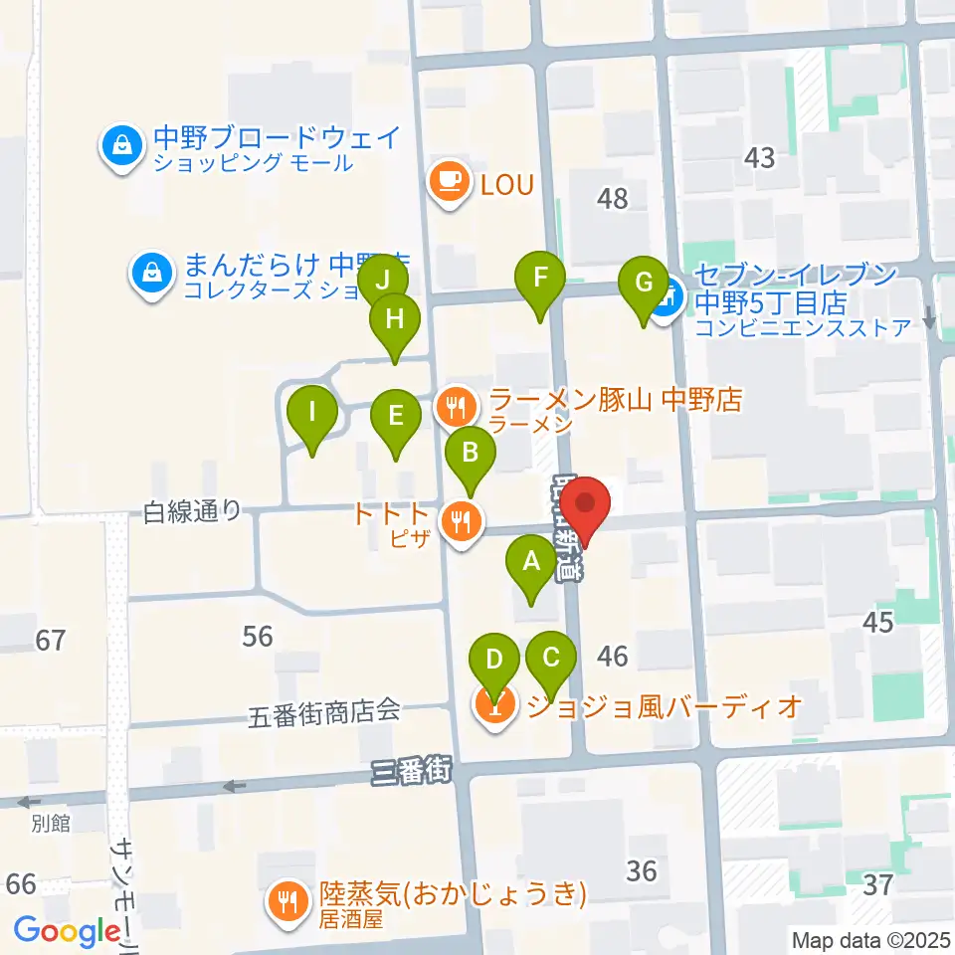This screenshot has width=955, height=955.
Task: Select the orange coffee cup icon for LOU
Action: coord(450,182)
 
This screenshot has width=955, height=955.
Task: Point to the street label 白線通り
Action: coord(192,511)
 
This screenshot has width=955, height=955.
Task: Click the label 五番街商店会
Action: coord(324,711)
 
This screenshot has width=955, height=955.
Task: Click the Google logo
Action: coord(68,932)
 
